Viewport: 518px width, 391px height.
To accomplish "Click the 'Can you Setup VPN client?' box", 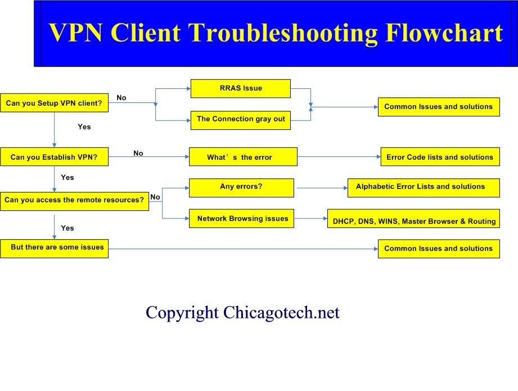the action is (x=54, y=103).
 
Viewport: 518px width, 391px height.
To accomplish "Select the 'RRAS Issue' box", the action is (x=241, y=88).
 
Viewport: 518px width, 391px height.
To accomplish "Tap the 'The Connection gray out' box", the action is (x=241, y=120).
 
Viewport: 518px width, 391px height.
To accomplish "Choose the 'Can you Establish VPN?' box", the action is (x=54, y=156).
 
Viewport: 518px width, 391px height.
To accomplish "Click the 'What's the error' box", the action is (x=243, y=156).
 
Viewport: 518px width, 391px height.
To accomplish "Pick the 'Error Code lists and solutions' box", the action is (x=440, y=156).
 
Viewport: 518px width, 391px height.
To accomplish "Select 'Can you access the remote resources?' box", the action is (x=74, y=201).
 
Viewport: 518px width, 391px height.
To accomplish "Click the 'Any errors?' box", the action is (x=241, y=188).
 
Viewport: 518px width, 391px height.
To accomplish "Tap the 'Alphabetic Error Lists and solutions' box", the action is (x=424, y=188).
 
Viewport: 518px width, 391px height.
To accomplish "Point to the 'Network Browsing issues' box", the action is (x=241, y=218).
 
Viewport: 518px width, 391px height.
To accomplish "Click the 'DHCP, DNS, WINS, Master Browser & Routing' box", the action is (x=413, y=218).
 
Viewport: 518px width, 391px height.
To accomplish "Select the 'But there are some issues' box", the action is (x=54, y=249).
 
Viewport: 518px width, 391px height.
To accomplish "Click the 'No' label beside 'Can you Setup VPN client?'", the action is (x=121, y=97).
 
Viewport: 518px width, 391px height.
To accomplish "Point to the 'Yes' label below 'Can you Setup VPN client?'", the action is (x=84, y=127).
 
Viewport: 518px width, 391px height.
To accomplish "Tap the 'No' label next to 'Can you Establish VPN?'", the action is (x=138, y=153).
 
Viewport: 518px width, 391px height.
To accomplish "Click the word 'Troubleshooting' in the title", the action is (x=283, y=33).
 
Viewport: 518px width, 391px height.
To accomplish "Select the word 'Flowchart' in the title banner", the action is (x=444, y=33).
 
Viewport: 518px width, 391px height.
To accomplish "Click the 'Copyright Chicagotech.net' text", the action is (x=242, y=312).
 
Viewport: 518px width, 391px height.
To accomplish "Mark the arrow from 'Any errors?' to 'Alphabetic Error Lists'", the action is (x=322, y=188).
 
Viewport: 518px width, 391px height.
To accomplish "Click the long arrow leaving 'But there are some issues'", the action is (x=243, y=249).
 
